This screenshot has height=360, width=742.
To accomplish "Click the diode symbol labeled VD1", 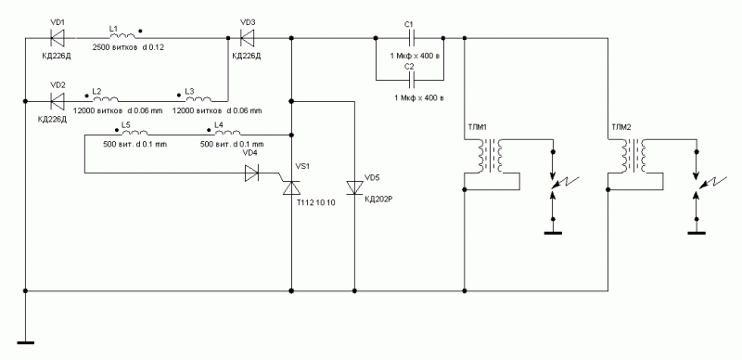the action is (58, 37).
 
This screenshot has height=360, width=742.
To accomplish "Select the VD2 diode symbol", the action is (58, 101).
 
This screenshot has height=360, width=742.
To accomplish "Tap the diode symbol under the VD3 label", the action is (248, 37).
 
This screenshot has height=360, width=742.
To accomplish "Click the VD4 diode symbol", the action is (251, 173).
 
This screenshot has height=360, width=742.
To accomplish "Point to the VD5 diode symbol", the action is (355, 187).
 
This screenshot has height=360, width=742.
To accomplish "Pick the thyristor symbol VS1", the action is (290, 186).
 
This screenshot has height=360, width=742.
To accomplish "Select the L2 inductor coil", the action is (106, 98).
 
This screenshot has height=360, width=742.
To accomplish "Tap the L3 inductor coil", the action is (198, 98).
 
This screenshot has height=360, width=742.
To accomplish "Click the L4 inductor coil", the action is (228, 133).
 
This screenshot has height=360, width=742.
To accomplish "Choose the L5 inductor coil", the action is (134, 133).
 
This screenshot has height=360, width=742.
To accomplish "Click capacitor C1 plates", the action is (410, 37).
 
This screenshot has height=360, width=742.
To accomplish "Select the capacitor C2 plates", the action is (410, 79).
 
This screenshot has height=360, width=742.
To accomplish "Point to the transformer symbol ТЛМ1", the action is (490, 156).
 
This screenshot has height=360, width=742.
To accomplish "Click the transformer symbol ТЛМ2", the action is (633, 156).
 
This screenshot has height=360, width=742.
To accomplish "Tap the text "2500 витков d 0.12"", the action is (128, 47).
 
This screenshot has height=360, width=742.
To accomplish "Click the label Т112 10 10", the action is (316, 203).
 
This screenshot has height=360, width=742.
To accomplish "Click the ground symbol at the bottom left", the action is (26, 342).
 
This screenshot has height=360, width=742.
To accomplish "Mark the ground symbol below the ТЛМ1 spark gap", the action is (553, 233).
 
